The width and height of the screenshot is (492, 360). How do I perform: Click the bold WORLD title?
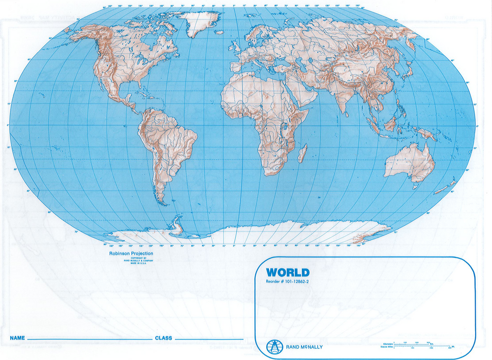click(288, 273)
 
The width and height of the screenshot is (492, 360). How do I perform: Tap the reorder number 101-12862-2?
click(287, 281)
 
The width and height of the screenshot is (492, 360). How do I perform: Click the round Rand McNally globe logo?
click(274, 346)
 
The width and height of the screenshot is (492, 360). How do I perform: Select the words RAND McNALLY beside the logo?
click(304, 347)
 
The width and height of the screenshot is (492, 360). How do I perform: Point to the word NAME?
click(17, 338)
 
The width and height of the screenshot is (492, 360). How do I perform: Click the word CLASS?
click(163, 338)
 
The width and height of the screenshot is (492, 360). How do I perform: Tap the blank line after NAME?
click(89, 339)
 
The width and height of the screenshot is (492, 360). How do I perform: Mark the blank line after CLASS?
click(209, 339)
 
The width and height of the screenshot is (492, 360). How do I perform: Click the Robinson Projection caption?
click(131, 253)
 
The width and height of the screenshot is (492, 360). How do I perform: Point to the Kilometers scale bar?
click(418, 344)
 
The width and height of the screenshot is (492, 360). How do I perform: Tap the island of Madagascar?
click(302, 154)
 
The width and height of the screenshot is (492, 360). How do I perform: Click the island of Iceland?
click(219, 32)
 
